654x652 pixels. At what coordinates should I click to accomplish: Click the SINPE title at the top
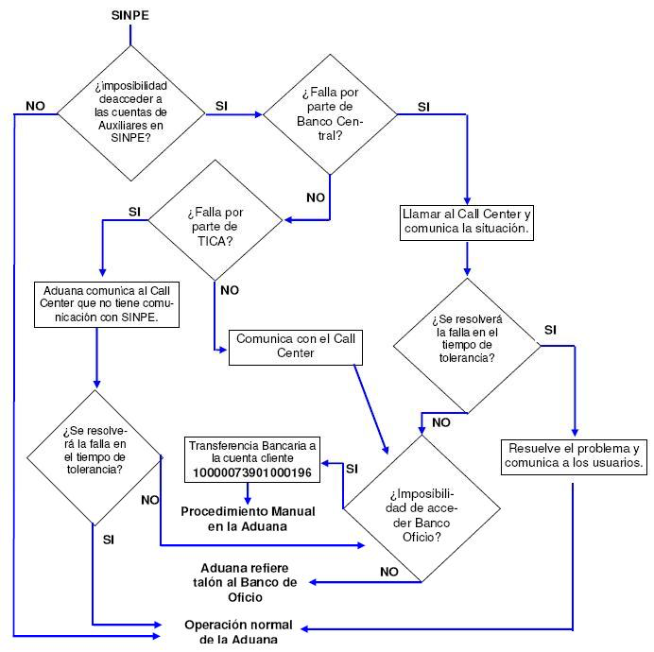coord(130,15)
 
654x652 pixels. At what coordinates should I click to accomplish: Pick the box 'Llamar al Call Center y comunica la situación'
coord(467,223)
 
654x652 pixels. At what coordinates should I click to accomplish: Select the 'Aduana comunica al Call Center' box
coord(107,304)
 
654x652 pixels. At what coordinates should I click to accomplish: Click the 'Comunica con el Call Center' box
coord(296,348)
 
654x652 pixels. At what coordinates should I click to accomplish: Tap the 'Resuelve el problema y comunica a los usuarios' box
coord(574,457)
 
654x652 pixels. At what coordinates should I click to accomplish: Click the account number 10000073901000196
coord(252,473)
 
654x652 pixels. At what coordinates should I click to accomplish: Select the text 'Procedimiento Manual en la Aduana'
coord(248,519)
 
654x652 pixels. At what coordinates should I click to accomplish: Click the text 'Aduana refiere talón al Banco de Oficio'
coord(245,582)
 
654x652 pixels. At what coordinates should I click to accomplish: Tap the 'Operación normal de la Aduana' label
coord(238,632)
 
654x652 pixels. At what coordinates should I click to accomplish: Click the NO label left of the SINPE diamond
coord(36,106)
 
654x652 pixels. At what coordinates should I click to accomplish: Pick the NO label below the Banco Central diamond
coord(316,197)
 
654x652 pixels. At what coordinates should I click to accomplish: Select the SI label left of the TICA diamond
coord(134,212)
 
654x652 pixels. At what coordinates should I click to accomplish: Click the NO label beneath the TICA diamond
coord(230,290)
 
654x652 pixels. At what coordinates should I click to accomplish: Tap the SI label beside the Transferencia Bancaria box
coord(352,469)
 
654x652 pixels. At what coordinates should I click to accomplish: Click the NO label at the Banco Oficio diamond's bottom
coord(389,572)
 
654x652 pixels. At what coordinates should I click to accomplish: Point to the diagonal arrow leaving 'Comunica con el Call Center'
coord(371,409)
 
